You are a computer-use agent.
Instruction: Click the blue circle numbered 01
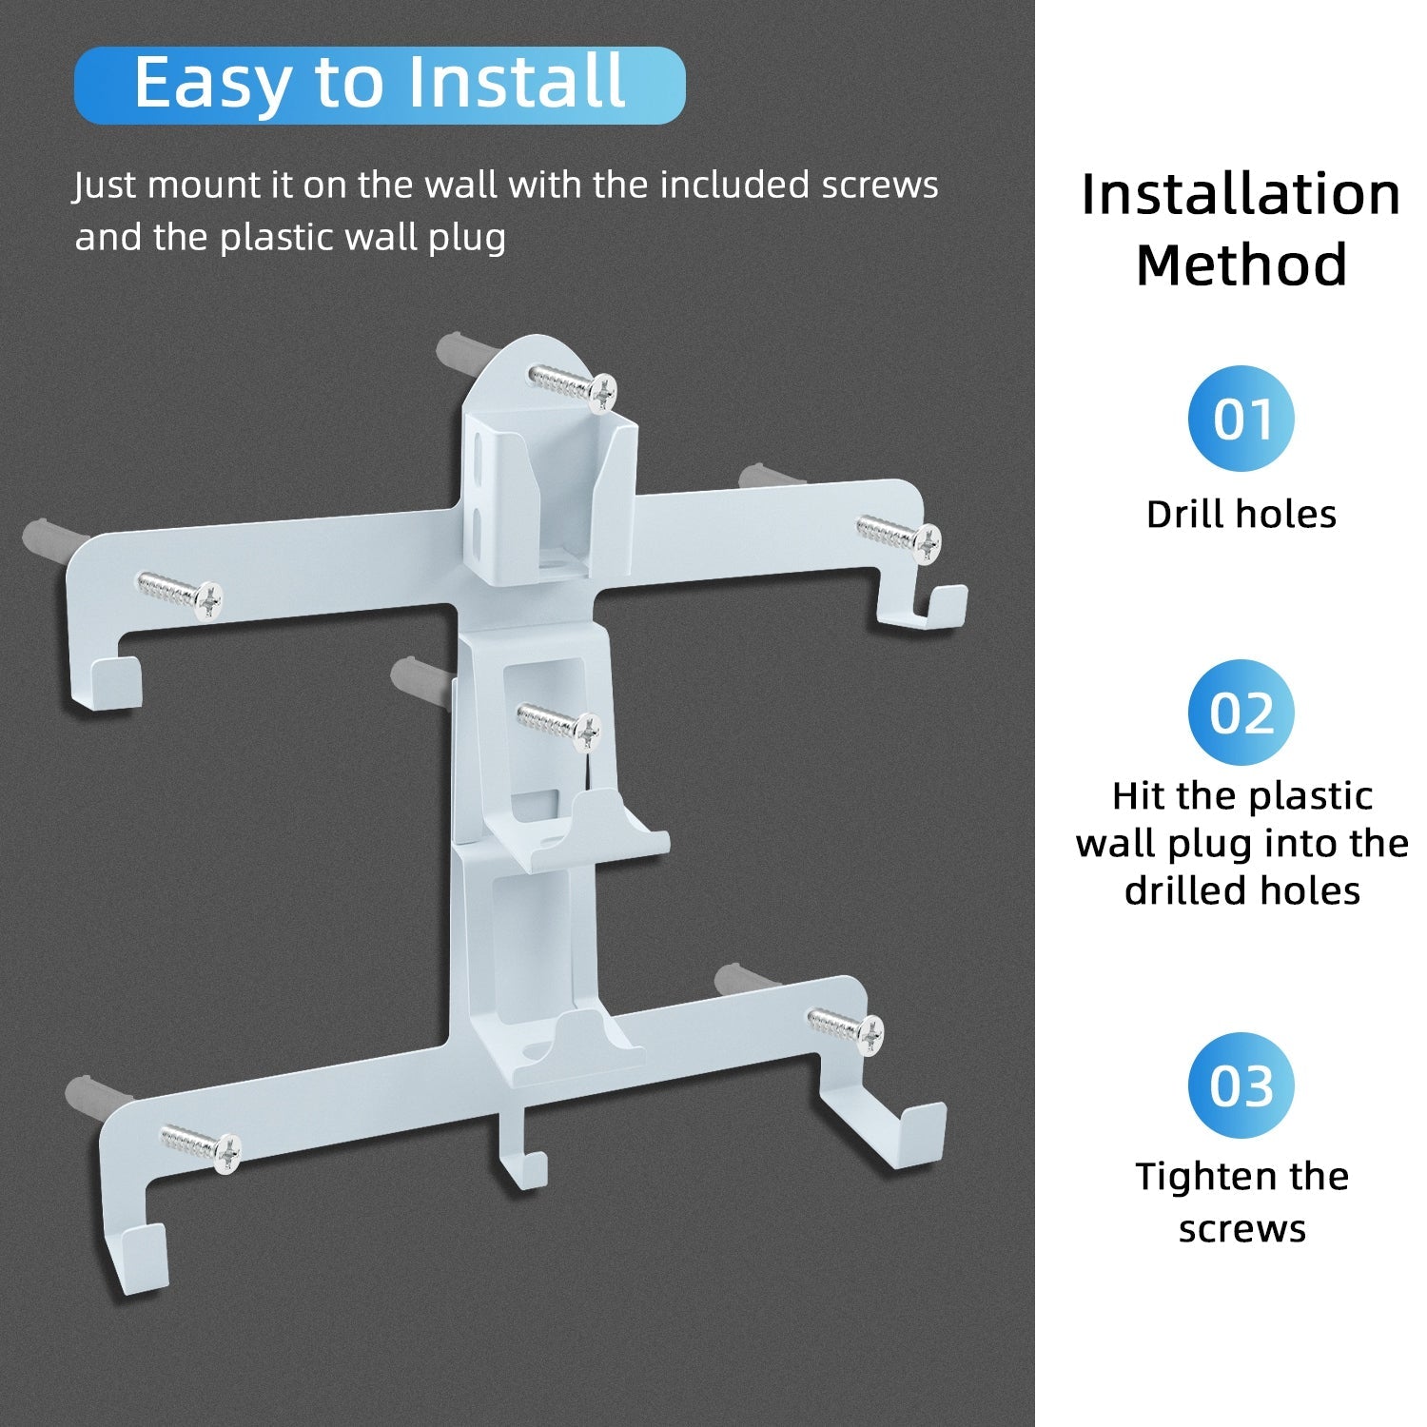point(1241,419)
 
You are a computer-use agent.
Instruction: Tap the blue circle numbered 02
point(1241,713)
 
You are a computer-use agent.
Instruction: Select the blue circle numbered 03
point(1241,1085)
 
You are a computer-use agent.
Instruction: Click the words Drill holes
point(1241,514)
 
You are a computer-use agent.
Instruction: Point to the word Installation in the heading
point(1241,194)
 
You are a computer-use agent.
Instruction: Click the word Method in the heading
point(1241,264)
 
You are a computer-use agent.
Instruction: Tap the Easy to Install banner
point(380,85)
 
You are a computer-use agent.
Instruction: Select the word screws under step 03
point(1241,1229)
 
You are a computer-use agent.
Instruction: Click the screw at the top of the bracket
point(574,385)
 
